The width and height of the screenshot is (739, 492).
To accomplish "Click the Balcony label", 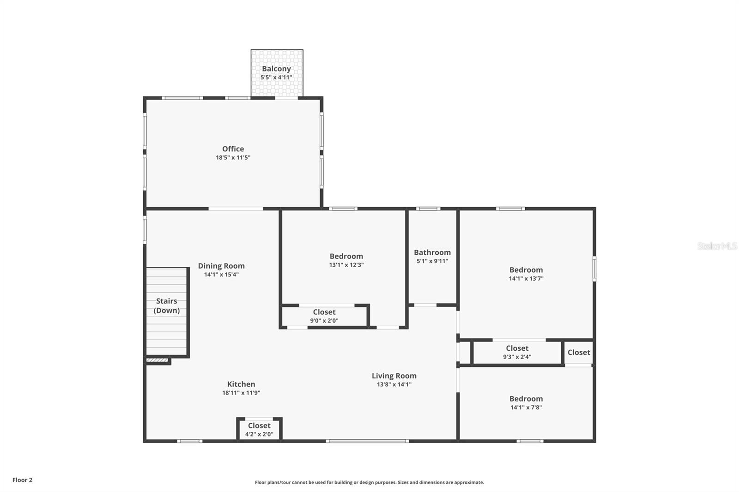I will [x=276, y=69].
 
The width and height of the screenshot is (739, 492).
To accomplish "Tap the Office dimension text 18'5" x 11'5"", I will [x=233, y=157].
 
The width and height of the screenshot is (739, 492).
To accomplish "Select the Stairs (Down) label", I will [x=166, y=306].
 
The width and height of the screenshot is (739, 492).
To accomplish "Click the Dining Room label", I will [x=221, y=266].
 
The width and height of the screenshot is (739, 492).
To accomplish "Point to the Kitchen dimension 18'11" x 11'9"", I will [x=241, y=393].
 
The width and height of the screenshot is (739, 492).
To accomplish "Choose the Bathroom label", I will [x=432, y=252].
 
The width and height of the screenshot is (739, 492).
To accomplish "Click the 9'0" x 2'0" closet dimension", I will [x=324, y=320].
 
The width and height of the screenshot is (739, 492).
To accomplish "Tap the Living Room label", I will [x=394, y=376].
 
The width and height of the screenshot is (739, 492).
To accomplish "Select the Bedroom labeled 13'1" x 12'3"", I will [x=346, y=256].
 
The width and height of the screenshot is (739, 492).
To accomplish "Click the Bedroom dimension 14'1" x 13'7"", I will [x=526, y=278].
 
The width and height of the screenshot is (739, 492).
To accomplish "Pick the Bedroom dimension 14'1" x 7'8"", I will [x=526, y=407].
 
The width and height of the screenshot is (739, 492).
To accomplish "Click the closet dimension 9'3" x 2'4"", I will [x=517, y=356].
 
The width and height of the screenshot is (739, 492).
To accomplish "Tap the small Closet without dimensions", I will [x=579, y=353].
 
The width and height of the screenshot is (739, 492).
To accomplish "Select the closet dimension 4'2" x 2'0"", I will [x=259, y=434].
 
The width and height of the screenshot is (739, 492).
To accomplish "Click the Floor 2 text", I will [x=22, y=480].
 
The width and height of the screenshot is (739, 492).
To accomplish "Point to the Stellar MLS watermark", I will [x=717, y=246].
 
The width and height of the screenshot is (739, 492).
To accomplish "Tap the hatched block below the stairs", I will [x=157, y=360].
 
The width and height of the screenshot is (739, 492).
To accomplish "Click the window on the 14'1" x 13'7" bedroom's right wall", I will [x=594, y=269].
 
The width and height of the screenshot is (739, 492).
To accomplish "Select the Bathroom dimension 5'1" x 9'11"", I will [x=432, y=261].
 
